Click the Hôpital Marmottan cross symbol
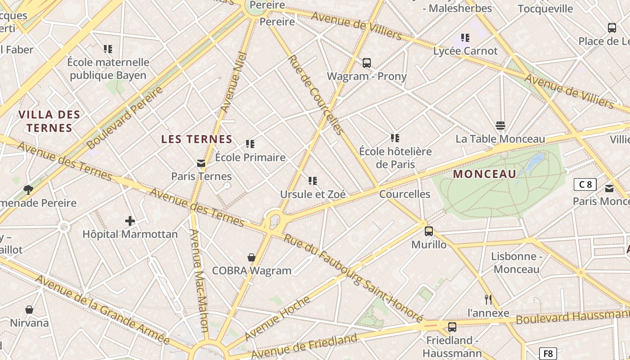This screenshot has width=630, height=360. click(x=130, y=220)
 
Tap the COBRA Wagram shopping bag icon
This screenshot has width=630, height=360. click(x=252, y=257)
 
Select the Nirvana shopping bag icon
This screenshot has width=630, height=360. click(x=29, y=310)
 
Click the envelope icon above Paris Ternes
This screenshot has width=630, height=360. click(x=201, y=163)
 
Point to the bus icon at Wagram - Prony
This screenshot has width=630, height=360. click(x=367, y=63)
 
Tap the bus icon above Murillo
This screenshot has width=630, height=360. click(x=429, y=231)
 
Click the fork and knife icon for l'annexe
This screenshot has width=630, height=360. click(x=488, y=299)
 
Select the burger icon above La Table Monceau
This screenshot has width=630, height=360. click(x=500, y=125)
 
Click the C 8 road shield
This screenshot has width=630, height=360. click(x=585, y=184)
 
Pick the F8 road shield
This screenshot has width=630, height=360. click(x=548, y=353)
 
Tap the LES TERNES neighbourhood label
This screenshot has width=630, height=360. click(x=197, y=139)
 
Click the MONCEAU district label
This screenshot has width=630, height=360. click(x=485, y=174)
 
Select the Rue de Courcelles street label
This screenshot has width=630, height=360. click(x=315, y=94)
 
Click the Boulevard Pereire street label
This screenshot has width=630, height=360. click(x=125, y=118)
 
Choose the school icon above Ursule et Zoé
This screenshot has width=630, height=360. click(x=313, y=181)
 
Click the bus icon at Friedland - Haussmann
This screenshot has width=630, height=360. click(x=452, y=327)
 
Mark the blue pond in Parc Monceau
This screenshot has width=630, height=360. click(x=536, y=161)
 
